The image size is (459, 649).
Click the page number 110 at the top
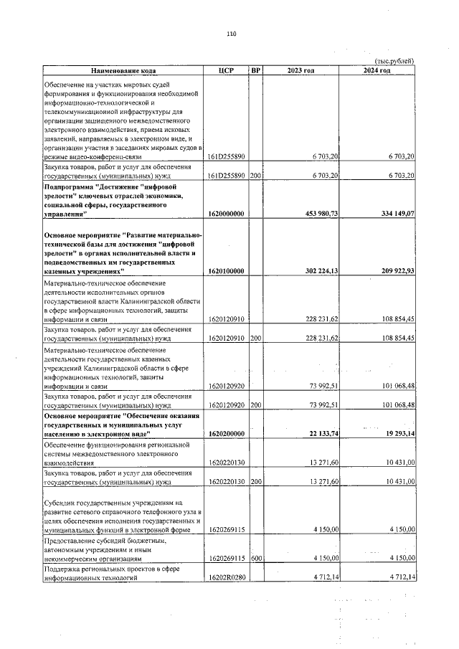click(231, 33)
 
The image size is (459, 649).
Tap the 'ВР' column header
click(256, 70)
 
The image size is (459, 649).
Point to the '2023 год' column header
click(301, 70)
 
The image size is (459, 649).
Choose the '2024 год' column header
click(378, 70)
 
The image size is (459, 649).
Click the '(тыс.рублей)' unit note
click(394, 61)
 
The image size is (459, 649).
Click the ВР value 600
click(256, 557)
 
